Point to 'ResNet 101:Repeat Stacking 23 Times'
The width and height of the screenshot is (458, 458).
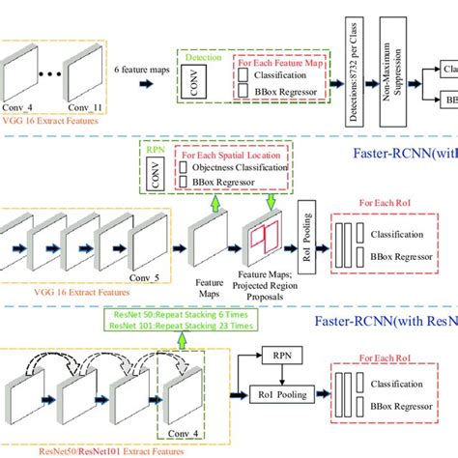tap(167, 325)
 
